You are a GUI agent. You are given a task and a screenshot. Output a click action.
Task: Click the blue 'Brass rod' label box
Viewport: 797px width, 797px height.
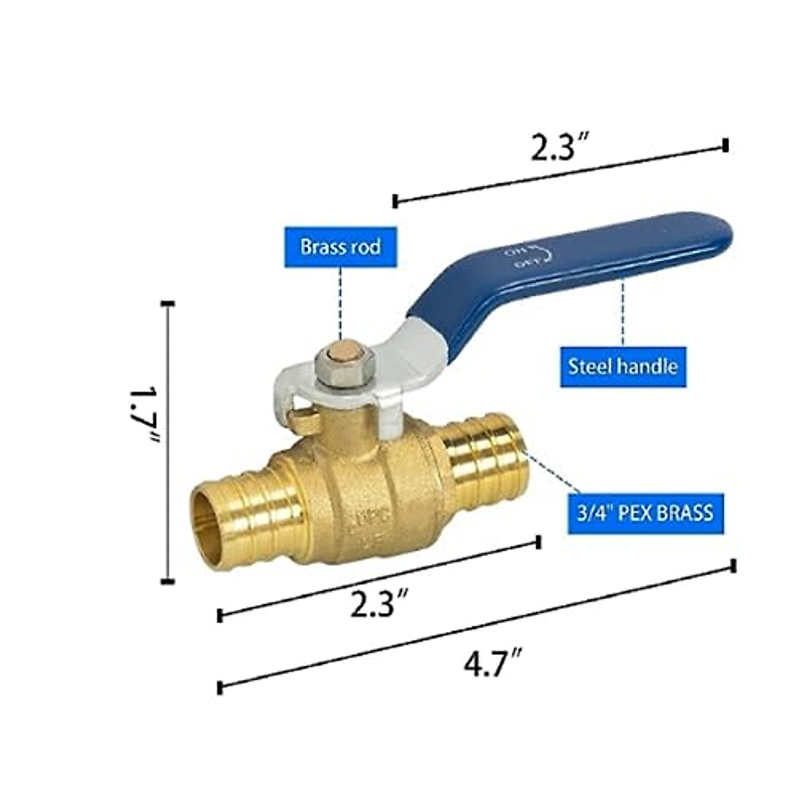tap(341, 247)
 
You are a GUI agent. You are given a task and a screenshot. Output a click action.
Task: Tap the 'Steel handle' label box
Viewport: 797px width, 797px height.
tap(623, 365)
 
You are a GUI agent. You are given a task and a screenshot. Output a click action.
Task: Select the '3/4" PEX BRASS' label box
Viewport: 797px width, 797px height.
tap(640, 513)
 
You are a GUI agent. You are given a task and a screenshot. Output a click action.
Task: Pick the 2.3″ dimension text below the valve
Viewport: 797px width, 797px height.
tap(379, 605)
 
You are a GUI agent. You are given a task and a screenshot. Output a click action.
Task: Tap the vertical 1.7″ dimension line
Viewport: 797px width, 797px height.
tap(168, 442)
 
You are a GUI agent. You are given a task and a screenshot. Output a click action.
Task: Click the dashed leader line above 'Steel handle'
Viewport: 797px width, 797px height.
tap(623, 312)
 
